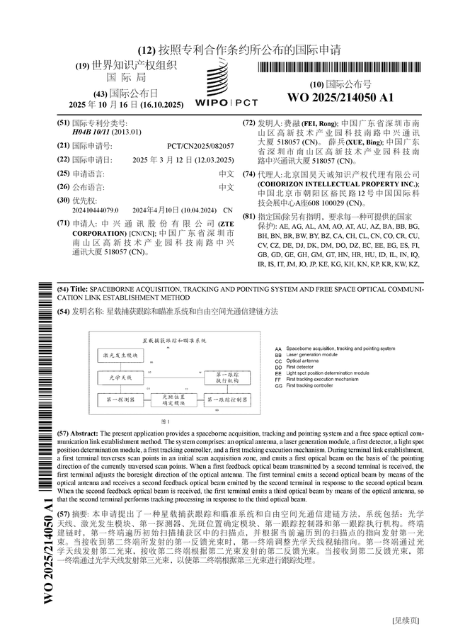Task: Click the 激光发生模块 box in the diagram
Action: point(116,353)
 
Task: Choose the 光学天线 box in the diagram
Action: point(116,379)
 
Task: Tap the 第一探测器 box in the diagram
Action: point(116,402)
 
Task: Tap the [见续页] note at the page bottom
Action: point(406,620)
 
